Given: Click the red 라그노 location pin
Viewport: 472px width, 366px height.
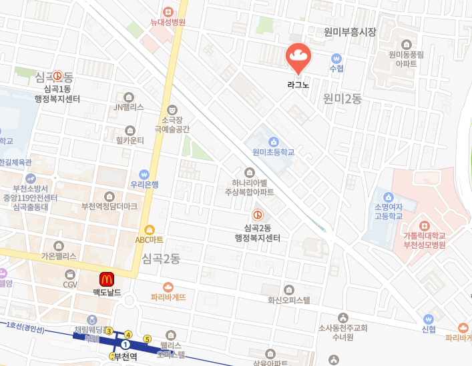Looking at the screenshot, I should click(298, 59).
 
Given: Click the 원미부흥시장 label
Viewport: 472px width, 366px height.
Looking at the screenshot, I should click(350, 32).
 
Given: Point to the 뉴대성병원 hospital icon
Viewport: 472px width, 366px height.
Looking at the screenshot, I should click(168, 11).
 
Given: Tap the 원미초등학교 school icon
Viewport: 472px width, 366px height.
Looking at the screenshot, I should click(274, 141).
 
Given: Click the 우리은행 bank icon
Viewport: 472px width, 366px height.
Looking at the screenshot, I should click(144, 174).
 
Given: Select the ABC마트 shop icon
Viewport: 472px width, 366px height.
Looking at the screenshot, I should click(150, 229).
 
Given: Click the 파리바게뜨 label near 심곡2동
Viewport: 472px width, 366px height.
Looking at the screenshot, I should click(168, 297).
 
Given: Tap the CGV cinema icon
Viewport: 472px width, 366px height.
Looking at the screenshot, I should click(70, 274).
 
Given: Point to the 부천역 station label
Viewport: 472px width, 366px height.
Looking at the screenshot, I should click(126, 357).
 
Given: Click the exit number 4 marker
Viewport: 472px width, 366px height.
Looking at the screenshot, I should click(129, 334).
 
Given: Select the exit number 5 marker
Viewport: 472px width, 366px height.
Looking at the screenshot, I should click(148, 339).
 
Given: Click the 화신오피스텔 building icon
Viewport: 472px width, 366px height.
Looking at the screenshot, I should click(289, 289).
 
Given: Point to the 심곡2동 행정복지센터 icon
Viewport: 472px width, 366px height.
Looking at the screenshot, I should click(257, 215).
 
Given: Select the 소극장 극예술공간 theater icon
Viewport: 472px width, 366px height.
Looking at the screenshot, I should click(172, 109).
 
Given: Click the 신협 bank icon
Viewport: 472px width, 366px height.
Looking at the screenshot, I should click(429, 319).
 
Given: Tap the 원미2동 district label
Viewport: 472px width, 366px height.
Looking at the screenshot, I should click(342, 99).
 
